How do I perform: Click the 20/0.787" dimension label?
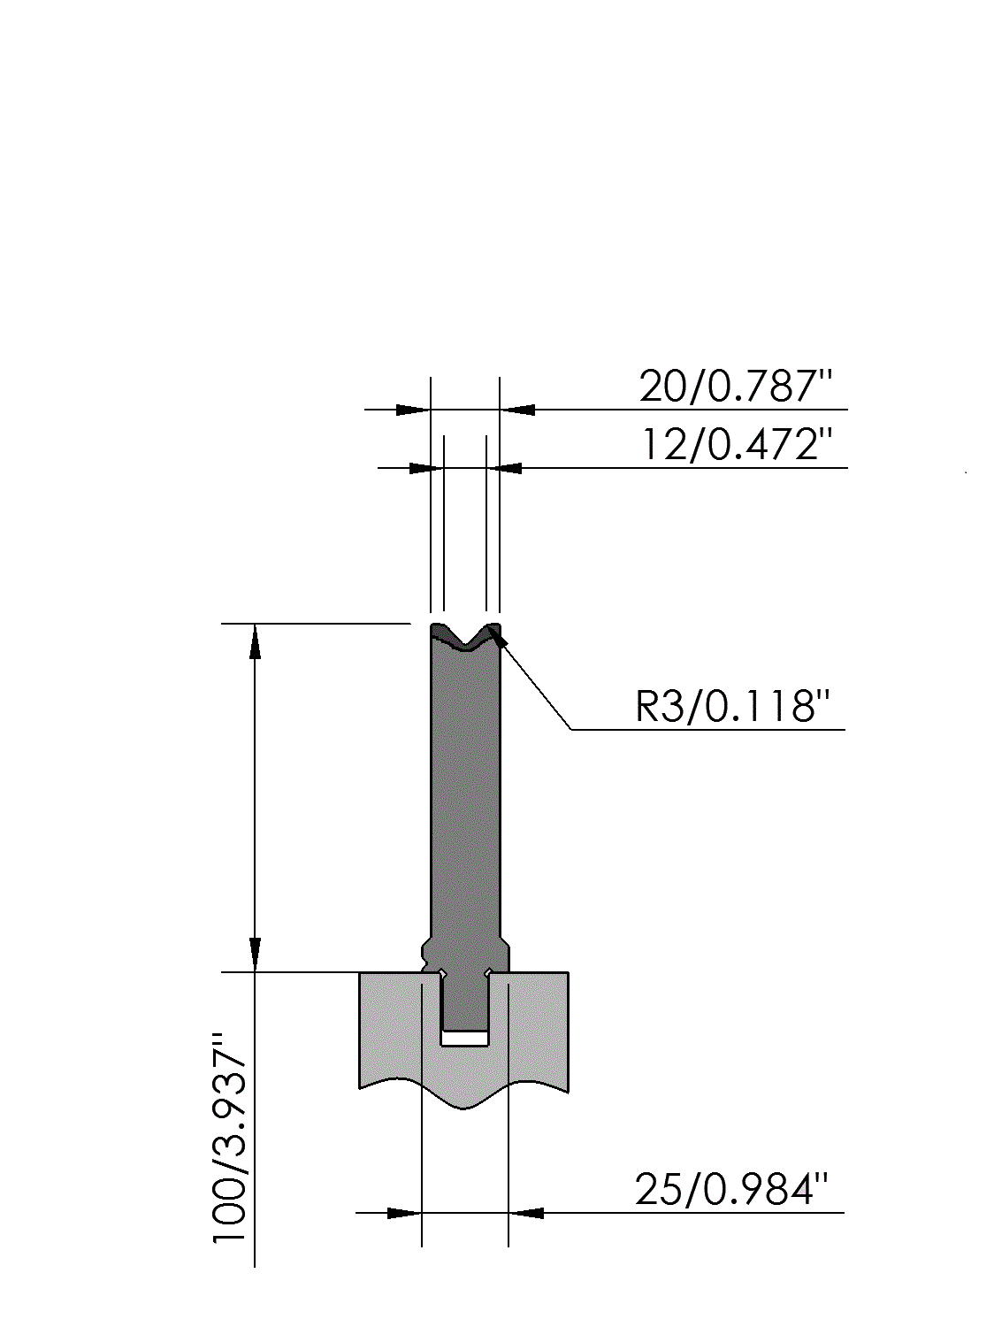[736, 387]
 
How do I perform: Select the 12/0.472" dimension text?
[738, 444]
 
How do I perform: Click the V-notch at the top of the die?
[465, 639]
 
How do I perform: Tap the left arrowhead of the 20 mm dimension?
[413, 410]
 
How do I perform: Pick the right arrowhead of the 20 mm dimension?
[517, 410]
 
